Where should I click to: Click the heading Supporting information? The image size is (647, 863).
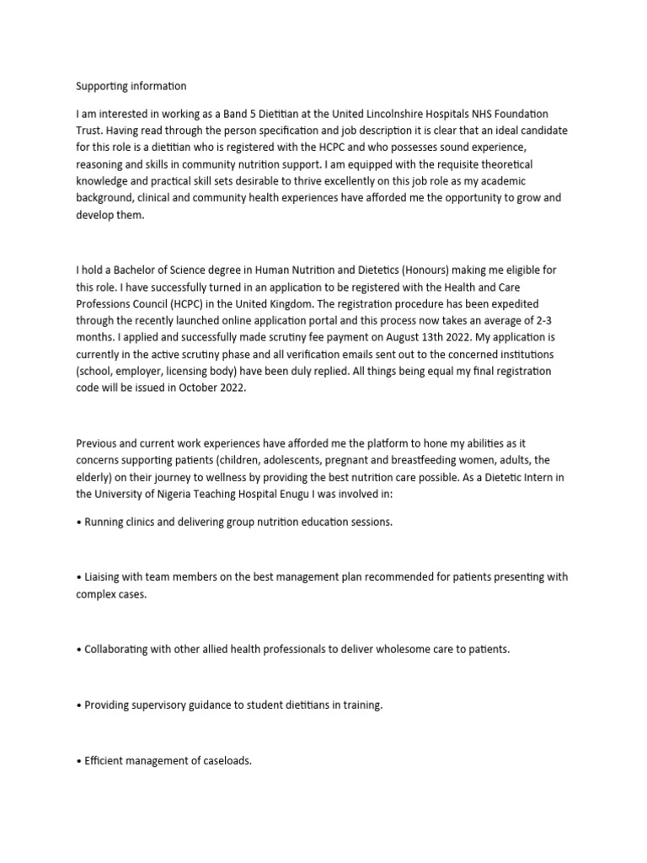[x=131, y=86]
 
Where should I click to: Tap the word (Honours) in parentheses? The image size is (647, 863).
[x=451, y=270]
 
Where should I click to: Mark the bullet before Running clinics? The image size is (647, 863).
[x=79, y=523]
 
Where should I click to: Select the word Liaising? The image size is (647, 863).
[x=105, y=577]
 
